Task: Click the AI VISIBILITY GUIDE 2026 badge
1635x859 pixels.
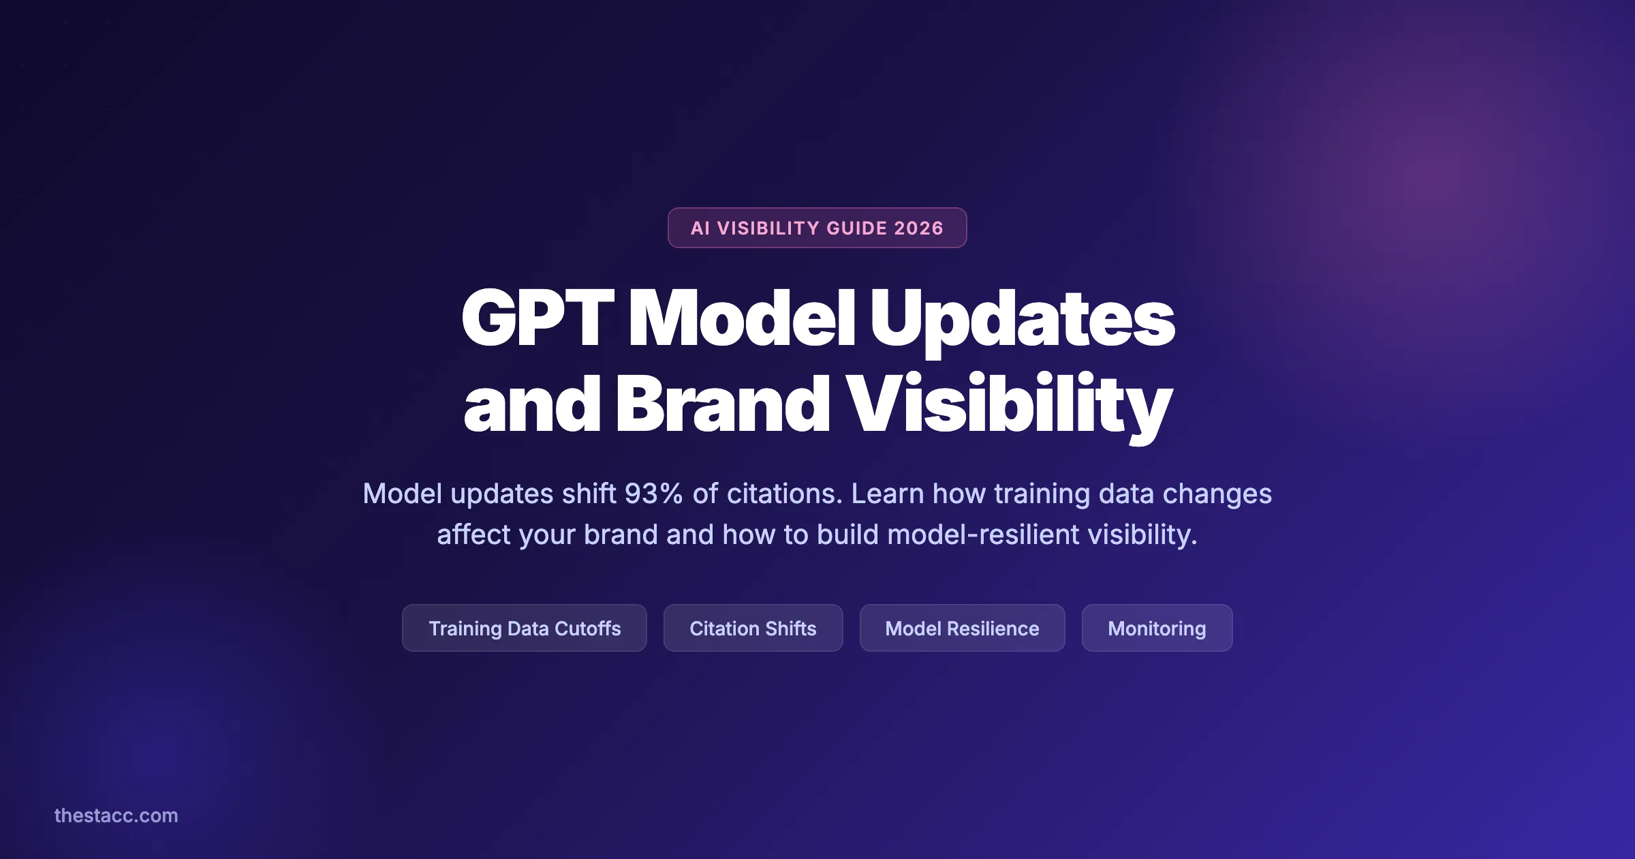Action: [x=817, y=228]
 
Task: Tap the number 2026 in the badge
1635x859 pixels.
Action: [x=918, y=228]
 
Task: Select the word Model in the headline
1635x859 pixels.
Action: [x=741, y=318]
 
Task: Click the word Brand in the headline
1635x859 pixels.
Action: [x=722, y=405]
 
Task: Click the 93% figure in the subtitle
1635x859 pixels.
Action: [x=654, y=494]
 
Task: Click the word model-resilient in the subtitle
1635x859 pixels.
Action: [x=983, y=534]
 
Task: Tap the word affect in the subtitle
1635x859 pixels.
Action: [x=473, y=534]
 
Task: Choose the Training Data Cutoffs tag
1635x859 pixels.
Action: [x=524, y=628]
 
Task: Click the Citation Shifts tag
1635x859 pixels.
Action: [x=753, y=628]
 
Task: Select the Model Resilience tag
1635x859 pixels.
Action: [x=962, y=628]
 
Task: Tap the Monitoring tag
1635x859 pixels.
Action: [x=1157, y=628]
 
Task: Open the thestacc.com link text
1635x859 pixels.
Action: [x=116, y=815]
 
